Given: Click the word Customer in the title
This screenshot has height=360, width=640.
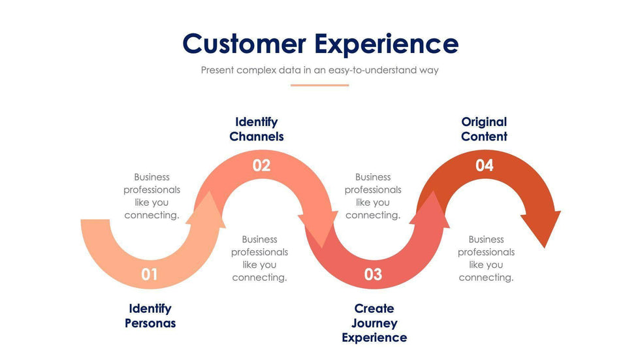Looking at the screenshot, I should point(244,44).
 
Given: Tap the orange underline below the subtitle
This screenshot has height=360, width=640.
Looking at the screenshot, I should point(319,85).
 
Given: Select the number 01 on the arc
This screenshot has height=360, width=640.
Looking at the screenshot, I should point(150,274).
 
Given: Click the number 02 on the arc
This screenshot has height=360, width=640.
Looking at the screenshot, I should point(261,165).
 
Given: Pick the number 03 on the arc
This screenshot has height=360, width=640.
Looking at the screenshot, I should point(373,274).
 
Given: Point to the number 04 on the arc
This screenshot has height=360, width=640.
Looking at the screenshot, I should point(485,165).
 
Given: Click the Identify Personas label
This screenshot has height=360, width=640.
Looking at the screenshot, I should point(150,316).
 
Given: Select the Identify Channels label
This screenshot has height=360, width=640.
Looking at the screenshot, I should point(257,129).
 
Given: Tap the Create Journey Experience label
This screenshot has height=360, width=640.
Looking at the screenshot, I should point(374,323).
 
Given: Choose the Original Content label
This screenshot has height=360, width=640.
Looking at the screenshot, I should point(484,129).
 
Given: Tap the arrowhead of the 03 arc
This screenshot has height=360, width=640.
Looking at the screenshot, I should point(431,209).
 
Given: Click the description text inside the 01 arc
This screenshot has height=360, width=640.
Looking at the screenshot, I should point(152,196).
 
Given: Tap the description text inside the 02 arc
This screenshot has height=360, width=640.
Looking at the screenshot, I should point(259,258).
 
